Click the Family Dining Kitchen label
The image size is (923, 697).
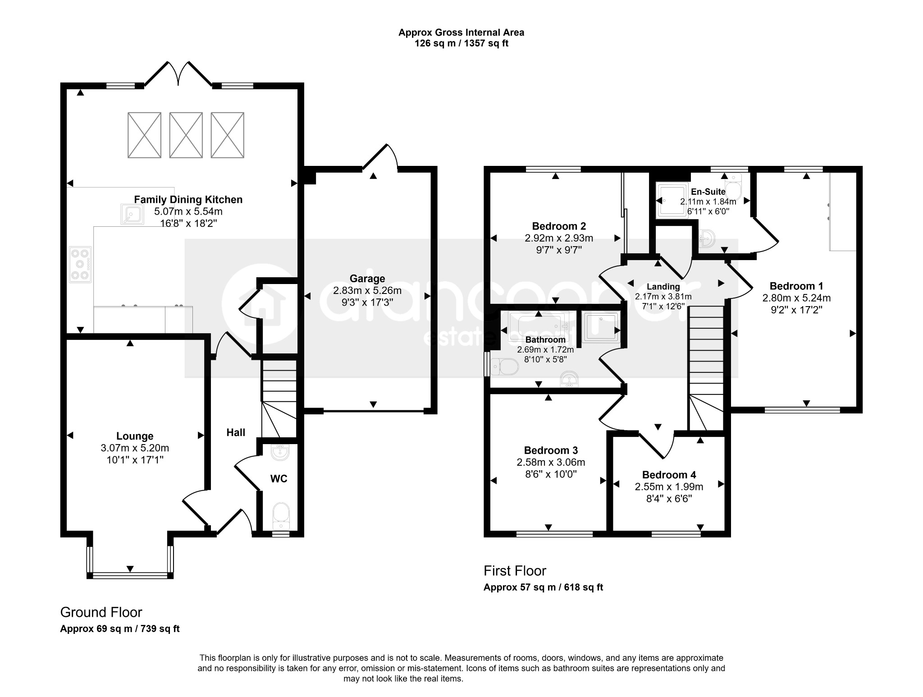[x=188, y=199]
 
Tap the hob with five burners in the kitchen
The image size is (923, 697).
[x=80, y=265]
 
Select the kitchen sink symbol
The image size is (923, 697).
[x=132, y=214]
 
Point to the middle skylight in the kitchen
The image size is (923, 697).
[x=186, y=135]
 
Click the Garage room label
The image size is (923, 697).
[x=367, y=279]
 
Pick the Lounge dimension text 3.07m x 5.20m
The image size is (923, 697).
[x=135, y=448]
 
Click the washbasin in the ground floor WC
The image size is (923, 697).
[x=280, y=452]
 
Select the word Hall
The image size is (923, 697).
[x=236, y=433]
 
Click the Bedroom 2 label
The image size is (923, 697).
[x=559, y=226]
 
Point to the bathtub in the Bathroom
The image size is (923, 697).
[x=539, y=325]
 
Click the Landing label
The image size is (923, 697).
[x=663, y=286]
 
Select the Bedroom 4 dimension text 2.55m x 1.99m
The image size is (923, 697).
[x=669, y=486]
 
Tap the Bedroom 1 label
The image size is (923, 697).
[x=796, y=286]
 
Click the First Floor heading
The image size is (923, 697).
[x=515, y=571]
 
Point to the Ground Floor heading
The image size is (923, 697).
[x=101, y=612]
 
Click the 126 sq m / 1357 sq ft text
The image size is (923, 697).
[x=461, y=44]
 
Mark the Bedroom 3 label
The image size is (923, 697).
[x=551, y=450]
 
